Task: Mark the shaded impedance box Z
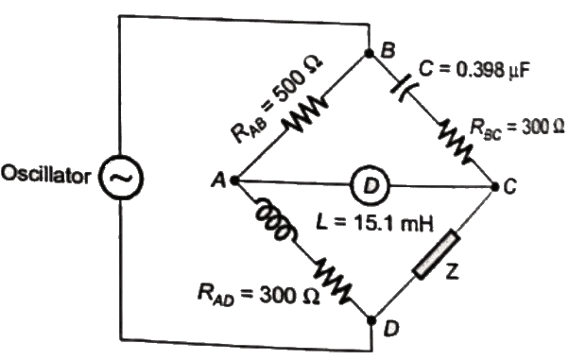point(434,255)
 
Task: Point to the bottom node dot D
point(370,315)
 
